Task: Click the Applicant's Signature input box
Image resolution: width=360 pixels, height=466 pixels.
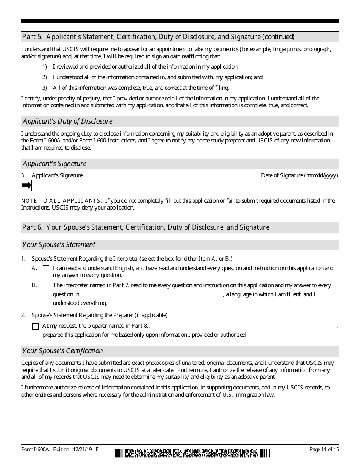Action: (142, 185)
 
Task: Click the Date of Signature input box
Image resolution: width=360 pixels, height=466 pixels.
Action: (300, 185)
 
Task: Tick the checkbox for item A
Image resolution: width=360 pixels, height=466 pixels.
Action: (46, 268)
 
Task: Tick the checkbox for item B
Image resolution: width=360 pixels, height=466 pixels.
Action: (46, 286)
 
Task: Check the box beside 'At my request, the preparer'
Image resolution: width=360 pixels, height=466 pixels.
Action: (35, 326)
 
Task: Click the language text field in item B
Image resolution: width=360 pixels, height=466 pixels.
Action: (152, 295)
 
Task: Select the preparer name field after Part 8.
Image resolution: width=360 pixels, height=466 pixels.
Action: (243, 326)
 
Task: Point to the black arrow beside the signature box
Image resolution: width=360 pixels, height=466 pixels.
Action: (26, 185)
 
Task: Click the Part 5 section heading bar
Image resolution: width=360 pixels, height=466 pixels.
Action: (180, 37)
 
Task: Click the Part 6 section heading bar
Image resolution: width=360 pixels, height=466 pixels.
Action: (180, 227)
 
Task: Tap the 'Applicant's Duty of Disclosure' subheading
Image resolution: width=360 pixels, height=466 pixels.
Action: (67, 121)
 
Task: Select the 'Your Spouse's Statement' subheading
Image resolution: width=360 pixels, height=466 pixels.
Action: (59, 245)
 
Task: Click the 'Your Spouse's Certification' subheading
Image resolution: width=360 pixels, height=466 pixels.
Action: (63, 351)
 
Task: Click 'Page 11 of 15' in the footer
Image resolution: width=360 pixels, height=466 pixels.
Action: (324, 449)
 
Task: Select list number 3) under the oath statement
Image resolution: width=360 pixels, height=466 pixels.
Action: (44, 88)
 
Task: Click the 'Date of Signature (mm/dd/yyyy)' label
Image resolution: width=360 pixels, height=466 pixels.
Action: (299, 175)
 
